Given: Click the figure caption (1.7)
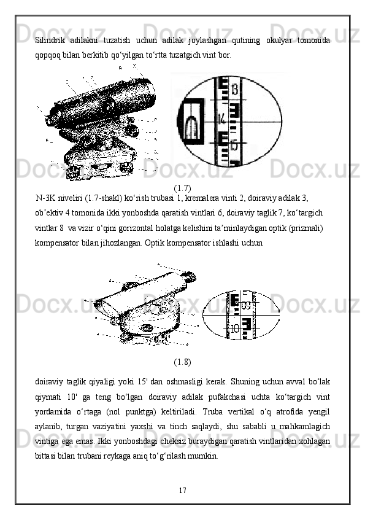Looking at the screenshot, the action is (x=182, y=189).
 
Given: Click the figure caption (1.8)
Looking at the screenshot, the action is (x=182, y=362).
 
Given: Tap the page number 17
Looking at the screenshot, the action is (x=183, y=491).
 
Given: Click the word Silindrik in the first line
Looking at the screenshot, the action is (x=50, y=41).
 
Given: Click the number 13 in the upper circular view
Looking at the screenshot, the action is (x=234, y=89).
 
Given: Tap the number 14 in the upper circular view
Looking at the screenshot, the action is (x=222, y=119).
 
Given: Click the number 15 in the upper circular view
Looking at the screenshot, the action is (x=234, y=146).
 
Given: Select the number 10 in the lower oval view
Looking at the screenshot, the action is (x=235, y=328).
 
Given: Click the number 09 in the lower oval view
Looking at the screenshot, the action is (x=246, y=305).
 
